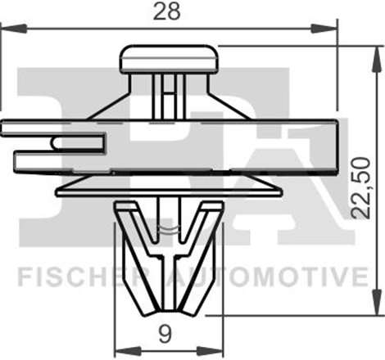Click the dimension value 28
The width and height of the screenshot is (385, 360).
tap(171, 12)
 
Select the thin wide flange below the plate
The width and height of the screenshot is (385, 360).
tap(170, 189)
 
